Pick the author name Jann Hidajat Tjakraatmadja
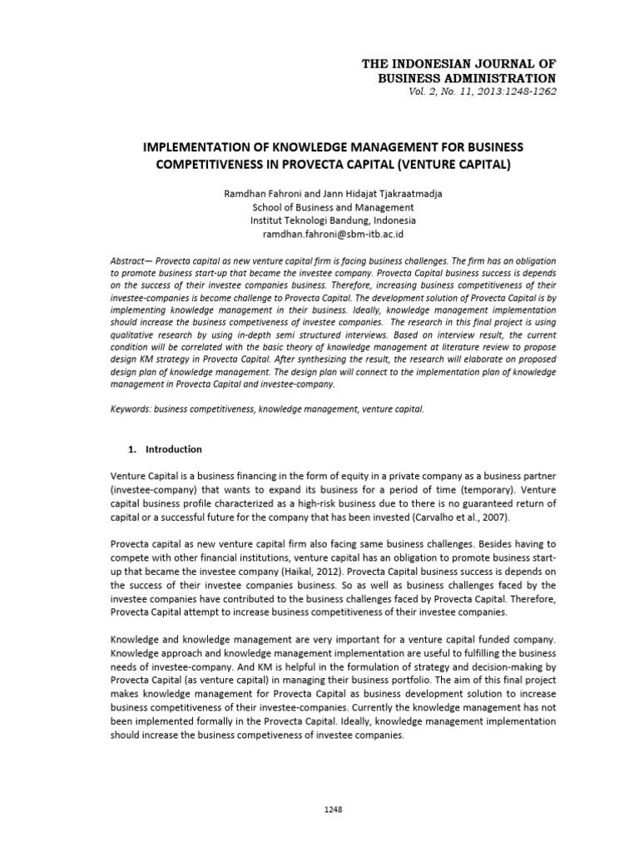pyautogui.click(x=379, y=193)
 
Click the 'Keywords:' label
pyautogui.click(x=131, y=410)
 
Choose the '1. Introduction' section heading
pyautogui.click(x=166, y=449)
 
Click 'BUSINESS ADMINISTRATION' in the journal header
pyautogui.click(x=462, y=77)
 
